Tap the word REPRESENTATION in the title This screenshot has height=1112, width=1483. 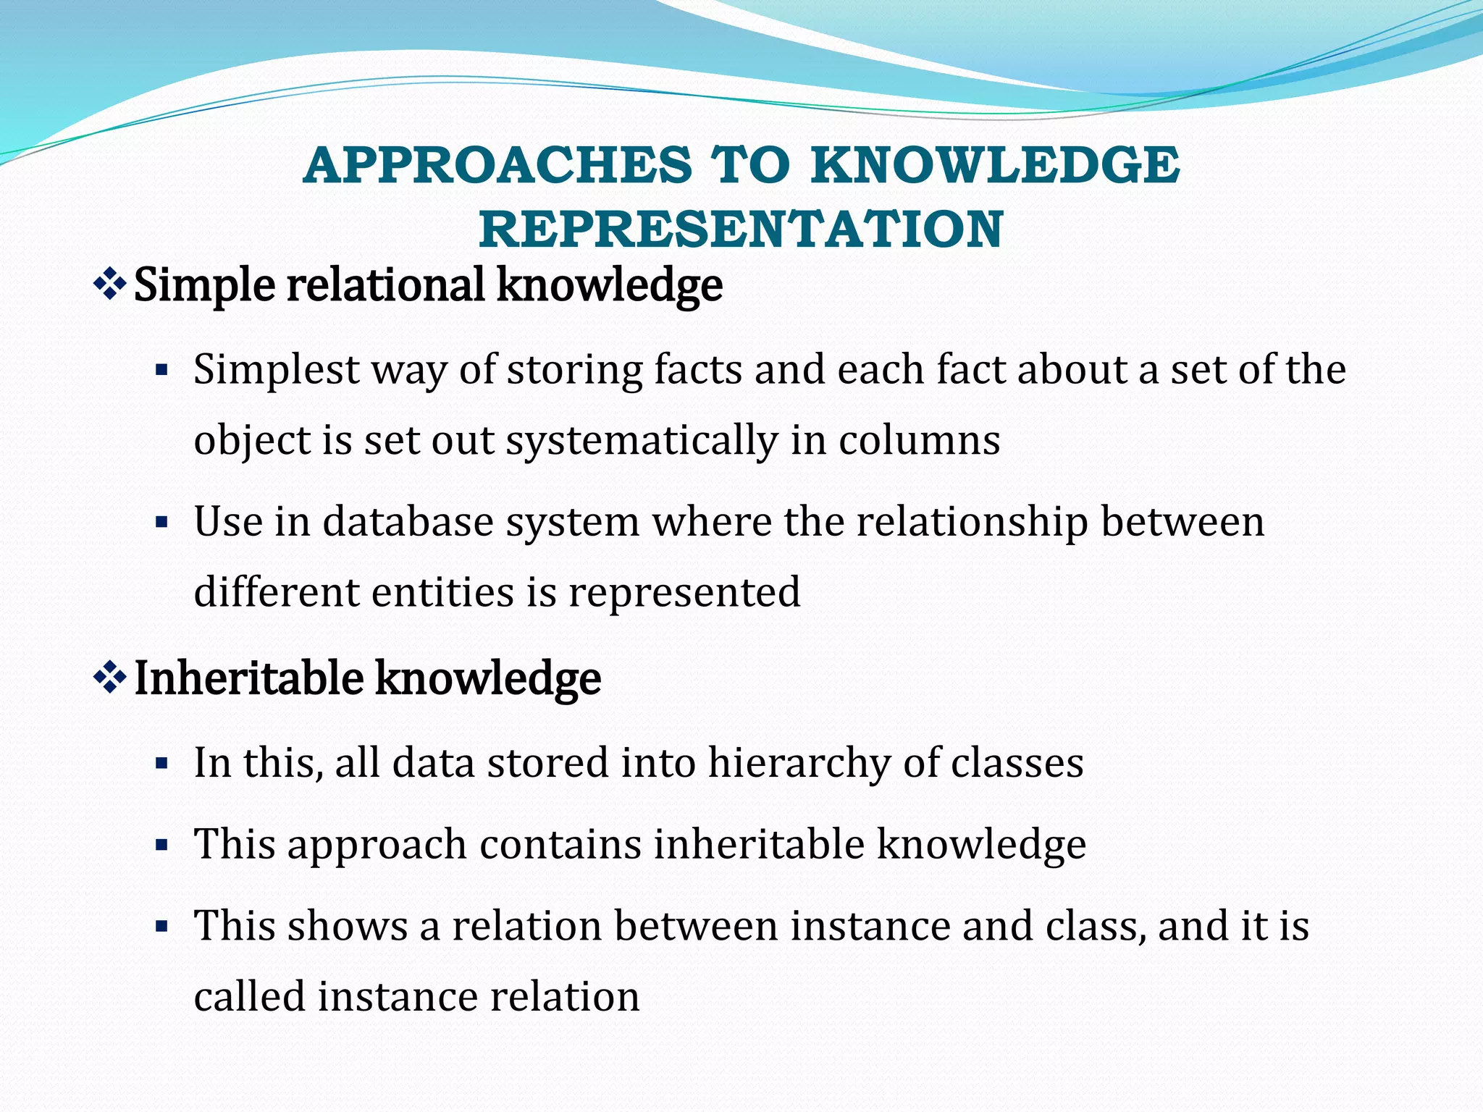741,229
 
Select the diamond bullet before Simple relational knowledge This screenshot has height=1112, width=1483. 110,285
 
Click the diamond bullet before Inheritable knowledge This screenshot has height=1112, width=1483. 110,678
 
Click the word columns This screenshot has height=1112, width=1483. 919,440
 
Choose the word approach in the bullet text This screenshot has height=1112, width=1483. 377,845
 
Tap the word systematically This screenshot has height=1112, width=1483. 642,440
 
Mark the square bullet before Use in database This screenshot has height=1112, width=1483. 161,522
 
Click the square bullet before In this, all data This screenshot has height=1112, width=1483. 161,763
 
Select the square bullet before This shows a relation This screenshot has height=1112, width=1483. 161,926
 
